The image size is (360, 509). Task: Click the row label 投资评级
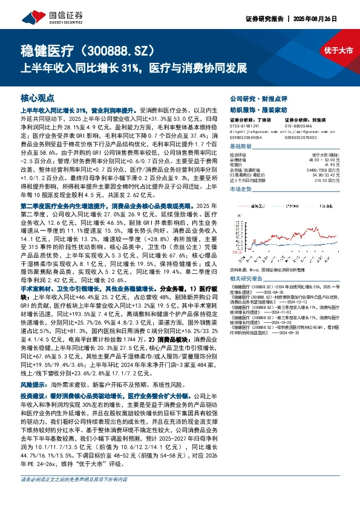tap(238, 155)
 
